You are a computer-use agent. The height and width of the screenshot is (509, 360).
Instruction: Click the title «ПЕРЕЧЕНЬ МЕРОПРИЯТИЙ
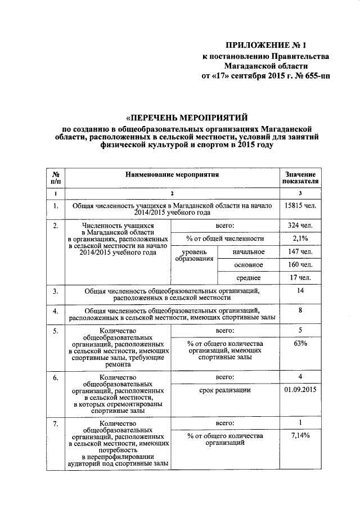187,118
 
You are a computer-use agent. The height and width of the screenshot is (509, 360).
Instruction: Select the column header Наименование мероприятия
172,175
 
